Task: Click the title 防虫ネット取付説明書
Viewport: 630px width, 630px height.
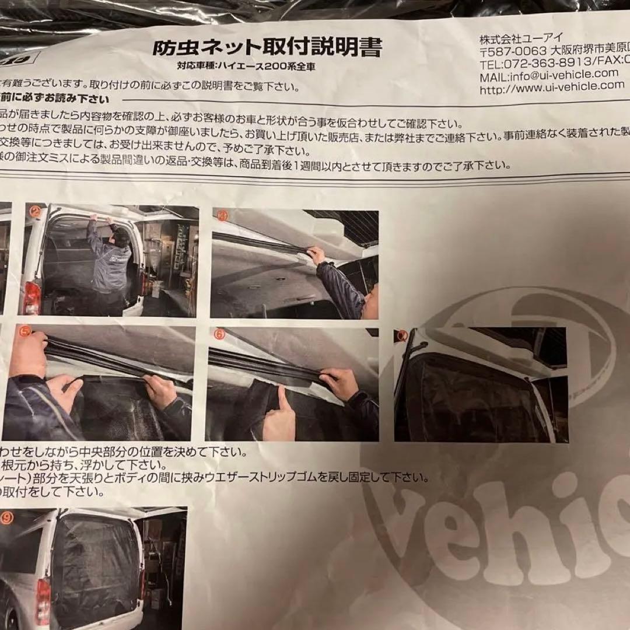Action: click(267, 47)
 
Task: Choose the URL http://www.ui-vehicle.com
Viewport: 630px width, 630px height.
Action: click(552, 87)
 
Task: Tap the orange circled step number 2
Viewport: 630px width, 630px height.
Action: click(35, 212)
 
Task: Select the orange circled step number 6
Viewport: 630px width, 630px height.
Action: click(219, 334)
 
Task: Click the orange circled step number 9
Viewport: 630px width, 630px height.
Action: click(6, 516)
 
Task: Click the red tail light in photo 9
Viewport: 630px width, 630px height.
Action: click(43, 601)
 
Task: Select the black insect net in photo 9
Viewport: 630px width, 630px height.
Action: click(96, 572)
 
